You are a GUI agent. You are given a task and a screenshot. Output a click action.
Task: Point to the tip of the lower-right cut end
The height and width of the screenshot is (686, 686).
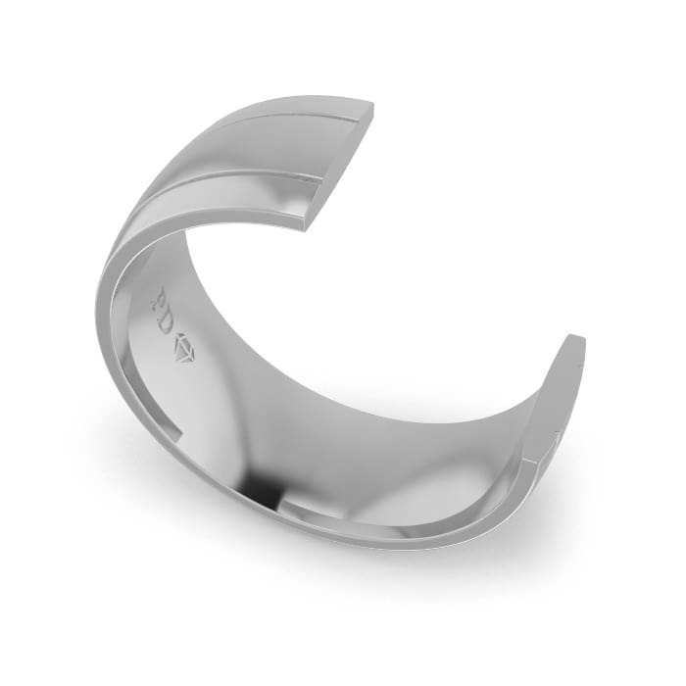pyautogui.click(x=578, y=338)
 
